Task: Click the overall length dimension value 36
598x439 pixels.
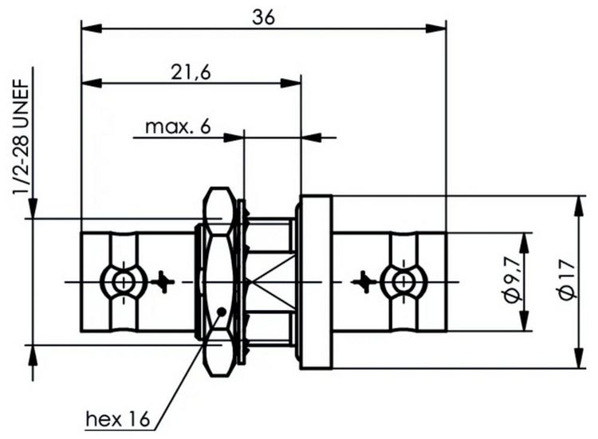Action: tap(263, 18)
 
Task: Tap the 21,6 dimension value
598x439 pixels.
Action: tap(191, 73)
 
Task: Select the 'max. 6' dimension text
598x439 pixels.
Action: tap(178, 127)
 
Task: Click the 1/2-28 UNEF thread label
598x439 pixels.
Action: tap(22, 137)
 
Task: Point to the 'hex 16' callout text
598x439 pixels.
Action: tap(118, 419)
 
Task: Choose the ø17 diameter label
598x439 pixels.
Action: tap(566, 281)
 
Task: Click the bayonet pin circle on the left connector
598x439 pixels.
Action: tap(123, 282)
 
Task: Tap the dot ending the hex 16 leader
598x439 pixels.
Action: tap(221, 312)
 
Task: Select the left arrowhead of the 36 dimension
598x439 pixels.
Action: tap(92, 29)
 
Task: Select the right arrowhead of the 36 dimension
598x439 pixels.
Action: tap(435, 29)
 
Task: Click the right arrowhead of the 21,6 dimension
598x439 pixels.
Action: tap(290, 83)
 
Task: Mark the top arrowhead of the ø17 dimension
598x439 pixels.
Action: tap(580, 206)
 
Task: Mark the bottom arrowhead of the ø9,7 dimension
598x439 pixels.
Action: tap(525, 320)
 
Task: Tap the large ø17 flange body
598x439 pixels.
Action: tap(316, 282)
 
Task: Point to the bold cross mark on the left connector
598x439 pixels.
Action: tap(163, 282)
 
